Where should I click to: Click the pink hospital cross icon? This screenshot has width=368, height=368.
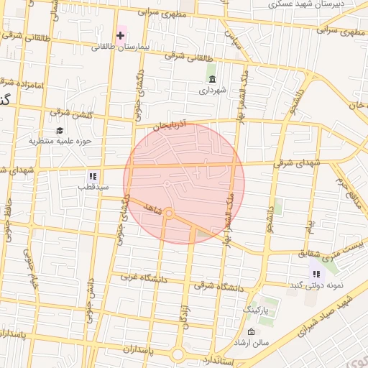tap(121, 34)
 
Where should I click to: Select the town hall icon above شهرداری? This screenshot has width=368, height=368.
tap(211, 79)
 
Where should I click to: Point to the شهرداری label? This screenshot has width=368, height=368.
tap(213, 91)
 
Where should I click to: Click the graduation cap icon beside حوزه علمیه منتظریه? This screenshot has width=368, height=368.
tap(59, 131)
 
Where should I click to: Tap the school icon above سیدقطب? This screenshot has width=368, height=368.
tap(93, 175)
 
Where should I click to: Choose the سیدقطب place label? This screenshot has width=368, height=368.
tap(93, 187)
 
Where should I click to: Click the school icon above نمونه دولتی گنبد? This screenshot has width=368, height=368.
tap(316, 273)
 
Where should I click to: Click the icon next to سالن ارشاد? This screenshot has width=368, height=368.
tap(250, 331)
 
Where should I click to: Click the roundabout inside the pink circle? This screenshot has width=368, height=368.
tap(169, 213)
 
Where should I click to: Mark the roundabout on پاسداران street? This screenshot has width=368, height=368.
tap(178, 354)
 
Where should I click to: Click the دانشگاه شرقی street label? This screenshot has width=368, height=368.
tap(219, 286)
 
